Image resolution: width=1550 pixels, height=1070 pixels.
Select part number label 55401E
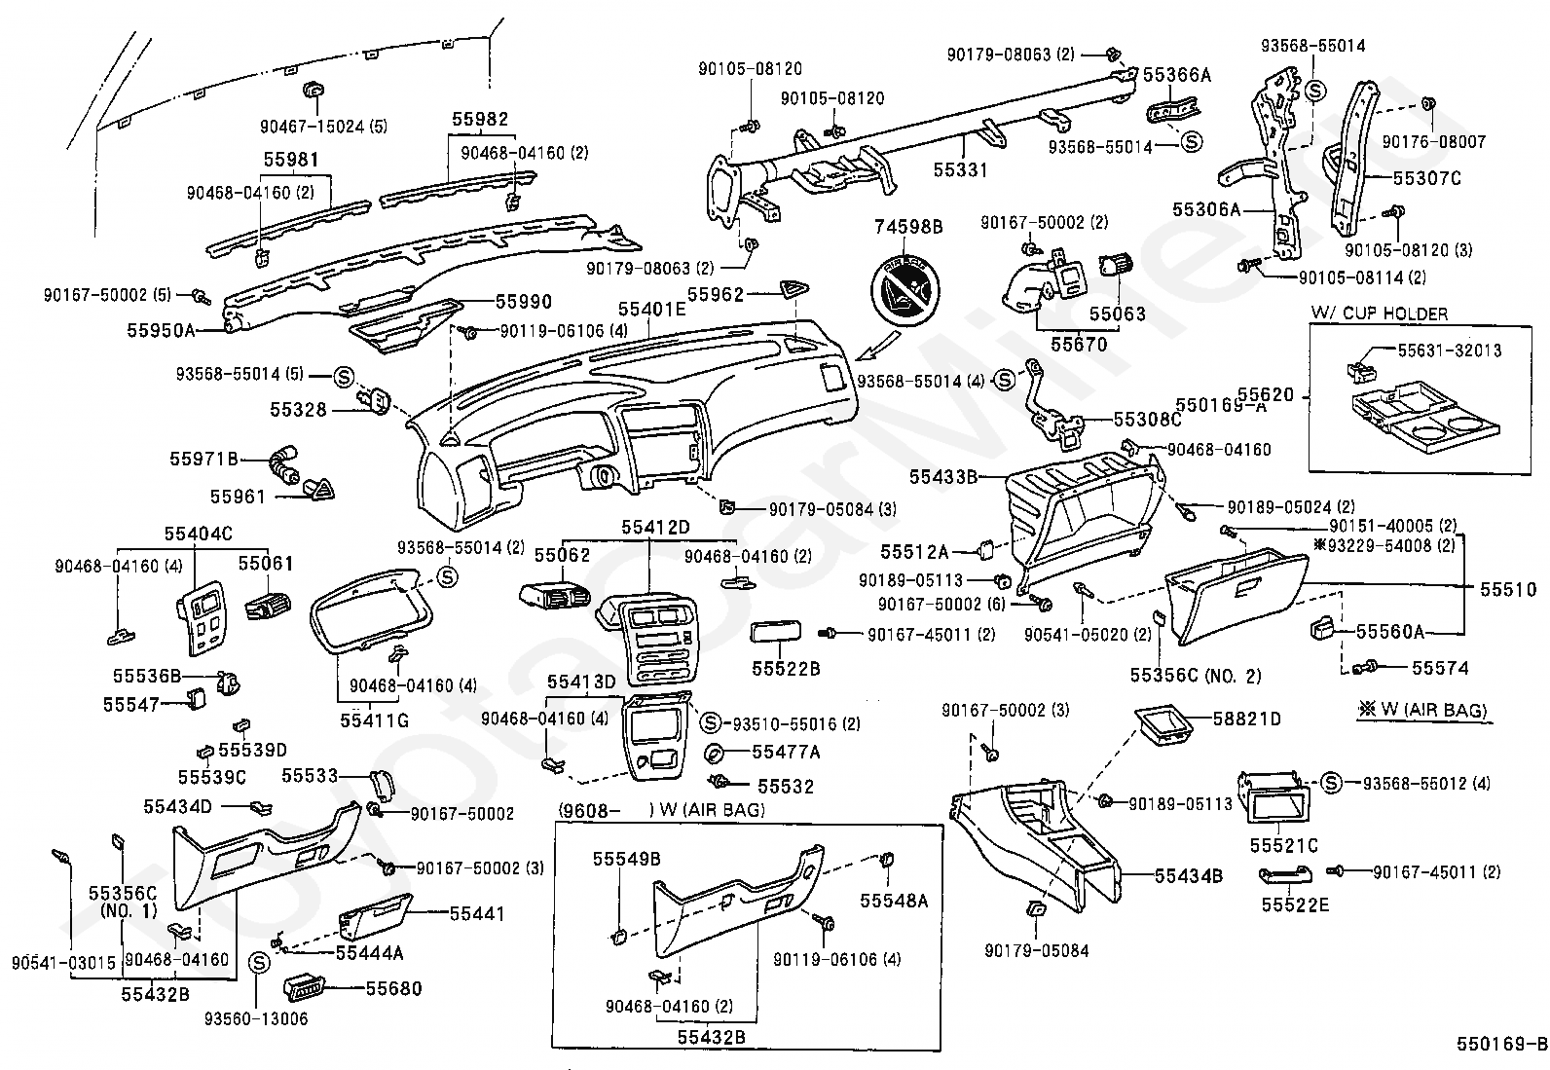tap(651, 309)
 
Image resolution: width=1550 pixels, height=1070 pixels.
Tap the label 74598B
tap(907, 227)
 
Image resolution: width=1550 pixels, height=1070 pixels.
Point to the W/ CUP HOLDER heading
tap(1379, 314)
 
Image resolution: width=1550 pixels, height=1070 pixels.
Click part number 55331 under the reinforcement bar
tap(960, 169)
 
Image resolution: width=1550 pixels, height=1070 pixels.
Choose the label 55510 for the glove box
tap(1508, 590)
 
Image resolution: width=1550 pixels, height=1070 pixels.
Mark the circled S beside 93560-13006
tap(258, 963)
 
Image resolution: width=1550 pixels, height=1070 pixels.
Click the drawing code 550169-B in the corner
tap(1501, 1044)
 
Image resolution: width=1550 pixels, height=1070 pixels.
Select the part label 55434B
tap(1188, 876)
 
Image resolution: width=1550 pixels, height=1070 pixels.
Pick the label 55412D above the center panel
tap(655, 528)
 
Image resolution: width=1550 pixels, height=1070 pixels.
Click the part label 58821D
tap(1247, 719)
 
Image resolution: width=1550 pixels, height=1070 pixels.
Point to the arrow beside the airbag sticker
tap(878, 346)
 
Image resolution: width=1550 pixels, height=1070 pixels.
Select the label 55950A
tap(162, 330)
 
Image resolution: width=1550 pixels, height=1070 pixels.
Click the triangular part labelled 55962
tap(795, 290)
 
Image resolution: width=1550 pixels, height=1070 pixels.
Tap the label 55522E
tap(1295, 905)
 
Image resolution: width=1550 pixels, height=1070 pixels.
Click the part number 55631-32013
tap(1450, 351)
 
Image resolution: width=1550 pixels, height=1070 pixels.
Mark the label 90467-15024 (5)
tap(324, 127)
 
